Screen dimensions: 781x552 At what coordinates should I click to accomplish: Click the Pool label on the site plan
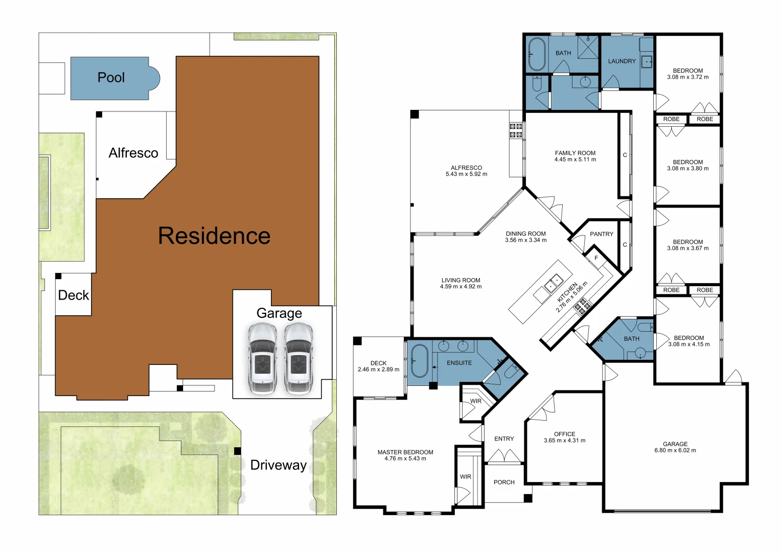click(111, 77)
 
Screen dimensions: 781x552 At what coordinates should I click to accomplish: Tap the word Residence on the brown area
click(214, 236)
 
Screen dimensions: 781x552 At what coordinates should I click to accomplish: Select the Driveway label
click(278, 465)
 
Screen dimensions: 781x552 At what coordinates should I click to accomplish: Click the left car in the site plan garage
click(262, 359)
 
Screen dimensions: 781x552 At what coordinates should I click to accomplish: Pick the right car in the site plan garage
click(298, 359)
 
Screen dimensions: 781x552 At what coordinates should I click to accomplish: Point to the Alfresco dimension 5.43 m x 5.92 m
click(466, 174)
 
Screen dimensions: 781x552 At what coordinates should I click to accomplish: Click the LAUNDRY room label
click(622, 61)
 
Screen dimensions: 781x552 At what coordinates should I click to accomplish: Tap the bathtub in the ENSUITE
click(420, 361)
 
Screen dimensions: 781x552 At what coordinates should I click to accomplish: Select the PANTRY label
click(602, 234)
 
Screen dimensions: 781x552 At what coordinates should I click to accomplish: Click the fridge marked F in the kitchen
click(596, 259)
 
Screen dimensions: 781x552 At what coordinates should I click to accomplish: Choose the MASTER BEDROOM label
click(405, 452)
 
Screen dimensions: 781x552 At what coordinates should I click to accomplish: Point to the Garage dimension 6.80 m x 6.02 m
click(675, 450)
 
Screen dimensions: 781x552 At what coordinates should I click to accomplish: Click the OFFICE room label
click(564, 434)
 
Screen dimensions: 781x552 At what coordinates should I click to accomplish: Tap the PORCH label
click(504, 482)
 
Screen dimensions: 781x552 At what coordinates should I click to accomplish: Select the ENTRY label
click(504, 439)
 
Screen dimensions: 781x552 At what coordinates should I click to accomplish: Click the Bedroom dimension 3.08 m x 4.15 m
click(688, 344)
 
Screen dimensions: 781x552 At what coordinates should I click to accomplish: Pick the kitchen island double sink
click(554, 283)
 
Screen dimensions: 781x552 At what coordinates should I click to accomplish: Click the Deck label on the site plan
click(74, 295)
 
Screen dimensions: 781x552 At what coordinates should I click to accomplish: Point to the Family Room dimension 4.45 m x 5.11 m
click(575, 159)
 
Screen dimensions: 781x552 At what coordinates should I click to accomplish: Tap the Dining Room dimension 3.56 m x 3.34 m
click(525, 240)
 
